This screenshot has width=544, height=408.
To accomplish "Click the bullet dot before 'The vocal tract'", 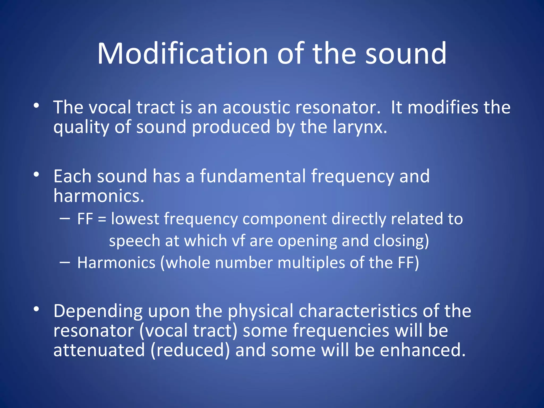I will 36,106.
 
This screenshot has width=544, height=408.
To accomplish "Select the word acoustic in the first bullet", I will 256,108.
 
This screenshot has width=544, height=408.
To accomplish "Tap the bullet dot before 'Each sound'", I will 36,175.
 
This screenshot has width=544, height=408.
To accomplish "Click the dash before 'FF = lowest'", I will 65,219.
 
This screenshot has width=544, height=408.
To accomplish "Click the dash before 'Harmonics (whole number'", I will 65,262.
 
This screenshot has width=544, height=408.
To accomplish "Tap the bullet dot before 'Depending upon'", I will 36,309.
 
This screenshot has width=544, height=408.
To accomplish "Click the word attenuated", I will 99,350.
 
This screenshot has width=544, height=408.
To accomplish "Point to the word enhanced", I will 422,350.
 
